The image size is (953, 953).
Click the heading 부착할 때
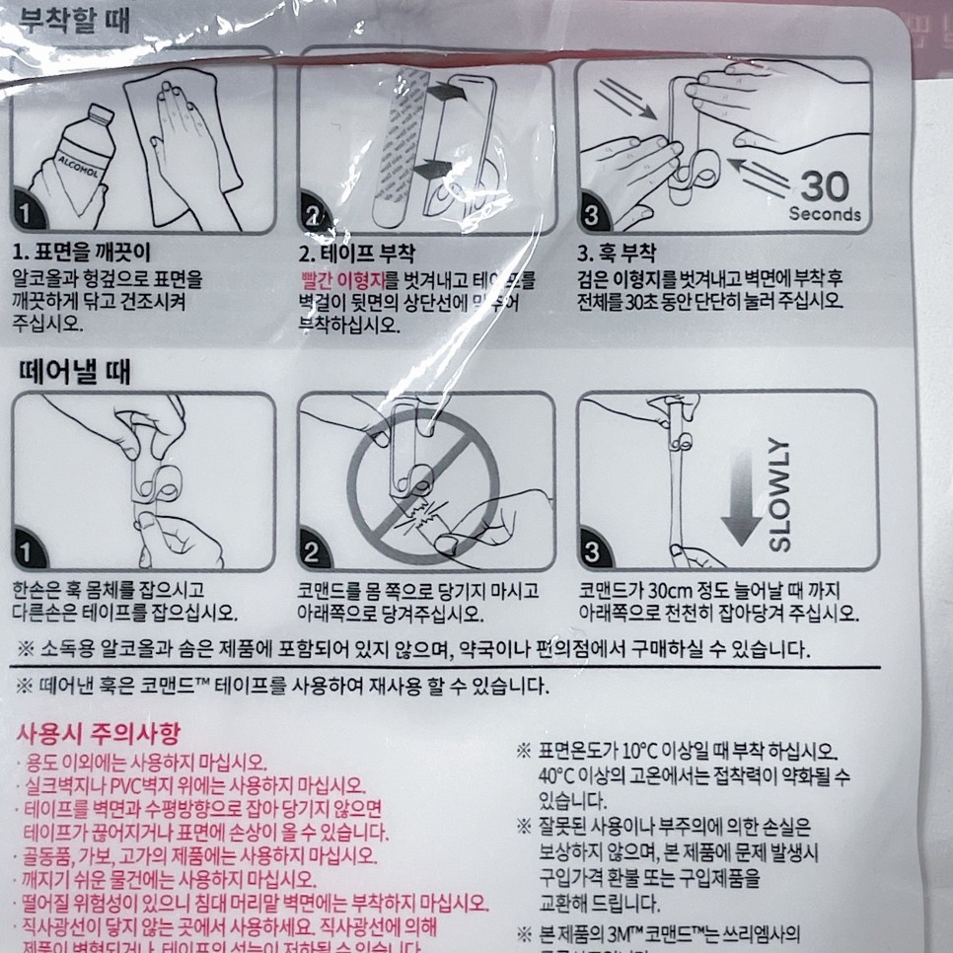[x=66, y=19]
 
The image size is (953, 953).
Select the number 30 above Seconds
[x=825, y=185]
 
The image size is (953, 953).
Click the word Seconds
[x=825, y=214]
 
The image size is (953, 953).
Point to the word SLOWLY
[x=778, y=493]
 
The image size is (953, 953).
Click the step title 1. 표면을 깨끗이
[x=82, y=252]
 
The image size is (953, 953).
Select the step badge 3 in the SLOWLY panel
[x=593, y=550]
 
